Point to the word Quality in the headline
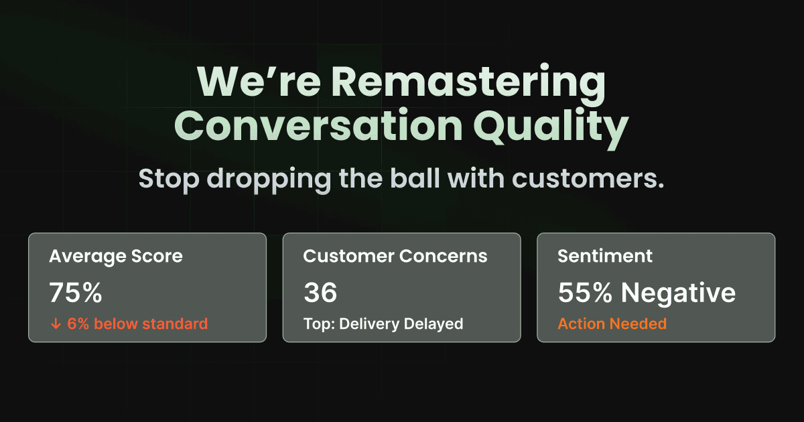click(550, 127)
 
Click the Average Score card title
click(115, 256)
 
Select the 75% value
click(75, 293)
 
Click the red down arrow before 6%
click(56, 324)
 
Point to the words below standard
click(151, 324)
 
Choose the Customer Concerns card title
click(395, 256)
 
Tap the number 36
click(320, 293)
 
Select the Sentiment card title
click(605, 256)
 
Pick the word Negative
click(677, 293)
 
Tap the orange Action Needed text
click(612, 324)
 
